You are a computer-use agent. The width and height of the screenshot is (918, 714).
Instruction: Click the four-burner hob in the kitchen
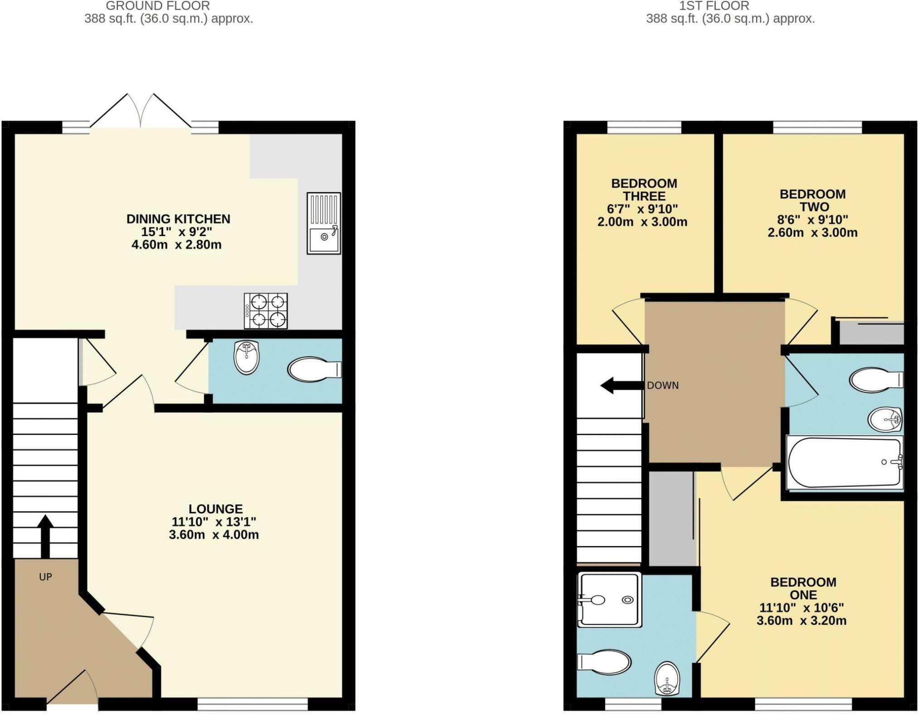pos(266,311)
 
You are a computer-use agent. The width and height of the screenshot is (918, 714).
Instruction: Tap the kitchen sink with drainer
pos(324,223)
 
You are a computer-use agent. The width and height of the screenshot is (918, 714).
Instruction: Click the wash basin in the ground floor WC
pos(247,357)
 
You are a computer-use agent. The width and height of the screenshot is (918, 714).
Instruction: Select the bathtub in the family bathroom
pos(845,463)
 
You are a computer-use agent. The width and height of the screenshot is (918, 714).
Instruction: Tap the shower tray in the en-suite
pos(610,599)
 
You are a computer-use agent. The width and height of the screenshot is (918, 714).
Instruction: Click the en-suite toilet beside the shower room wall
pos(605,663)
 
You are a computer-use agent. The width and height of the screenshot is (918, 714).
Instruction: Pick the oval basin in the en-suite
pos(667,678)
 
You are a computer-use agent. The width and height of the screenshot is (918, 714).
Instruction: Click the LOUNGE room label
pos(216,509)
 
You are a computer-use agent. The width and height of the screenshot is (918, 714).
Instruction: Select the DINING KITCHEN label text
pos(178,219)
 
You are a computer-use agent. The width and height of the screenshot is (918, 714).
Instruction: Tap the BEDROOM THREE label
pos(644,190)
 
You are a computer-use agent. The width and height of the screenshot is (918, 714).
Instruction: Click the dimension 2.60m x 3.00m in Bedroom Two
pos(812,233)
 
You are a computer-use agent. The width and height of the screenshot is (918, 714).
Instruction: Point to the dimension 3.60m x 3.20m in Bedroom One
pos(801,621)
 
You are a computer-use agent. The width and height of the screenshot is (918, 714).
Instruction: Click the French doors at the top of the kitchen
pos(141,111)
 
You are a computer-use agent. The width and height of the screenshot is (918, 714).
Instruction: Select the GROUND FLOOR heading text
pos(158,6)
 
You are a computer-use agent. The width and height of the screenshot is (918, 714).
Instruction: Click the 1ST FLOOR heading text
pos(714,6)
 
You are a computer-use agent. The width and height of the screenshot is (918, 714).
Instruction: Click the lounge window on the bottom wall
pos(253,704)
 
